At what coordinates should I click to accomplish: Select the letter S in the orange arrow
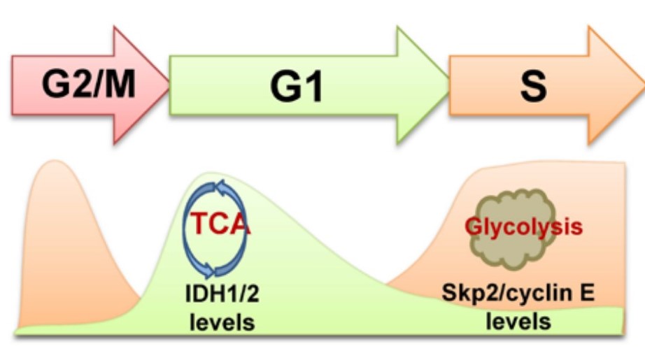pyautogui.click(x=533, y=87)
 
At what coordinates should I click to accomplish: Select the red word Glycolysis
pyautogui.click(x=524, y=227)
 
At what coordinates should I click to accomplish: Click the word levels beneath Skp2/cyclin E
pyautogui.click(x=518, y=322)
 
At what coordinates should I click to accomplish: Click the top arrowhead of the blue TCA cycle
pyautogui.click(x=222, y=187)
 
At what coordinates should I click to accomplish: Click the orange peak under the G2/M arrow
pyautogui.click(x=52, y=210)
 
